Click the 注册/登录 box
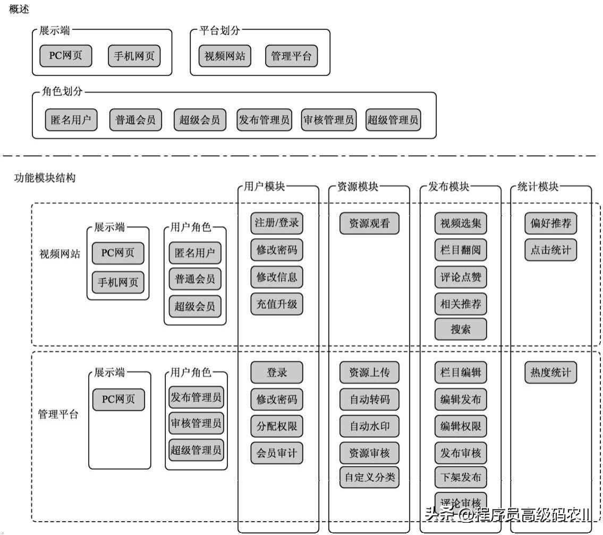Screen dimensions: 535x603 pyautogui.click(x=277, y=223)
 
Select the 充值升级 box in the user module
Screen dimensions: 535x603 pyautogui.click(x=277, y=304)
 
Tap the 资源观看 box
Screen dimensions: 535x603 pyautogui.click(x=369, y=224)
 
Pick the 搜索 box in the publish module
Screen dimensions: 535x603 pyautogui.click(x=461, y=329)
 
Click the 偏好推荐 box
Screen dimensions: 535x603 pyautogui.click(x=550, y=223)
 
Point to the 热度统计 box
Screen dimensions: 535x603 pyautogui.click(x=550, y=372)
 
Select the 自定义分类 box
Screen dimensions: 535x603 pyautogui.click(x=369, y=477)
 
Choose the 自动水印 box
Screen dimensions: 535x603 pyautogui.click(x=369, y=426)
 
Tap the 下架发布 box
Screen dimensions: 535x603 pyautogui.click(x=461, y=477)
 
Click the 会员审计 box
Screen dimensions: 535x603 pyautogui.click(x=277, y=453)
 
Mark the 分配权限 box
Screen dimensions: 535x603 pyautogui.click(x=277, y=426)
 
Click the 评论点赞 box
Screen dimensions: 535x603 pyautogui.click(x=461, y=277)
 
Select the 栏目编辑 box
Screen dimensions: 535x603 pyautogui.click(x=461, y=372)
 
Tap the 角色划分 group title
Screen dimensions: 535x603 pyautogui.click(x=62, y=91)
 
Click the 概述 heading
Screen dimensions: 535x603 pyautogui.click(x=19, y=9)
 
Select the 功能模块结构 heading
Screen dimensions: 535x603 pyautogui.click(x=45, y=178)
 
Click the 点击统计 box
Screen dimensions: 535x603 pyautogui.click(x=550, y=250)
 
